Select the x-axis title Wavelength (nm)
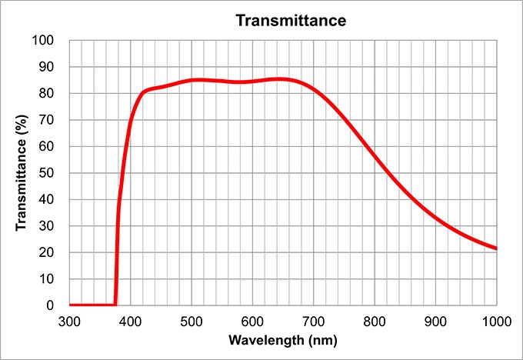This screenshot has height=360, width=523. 282,340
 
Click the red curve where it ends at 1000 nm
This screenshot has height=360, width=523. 496,248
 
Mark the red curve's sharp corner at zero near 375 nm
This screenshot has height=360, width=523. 115,305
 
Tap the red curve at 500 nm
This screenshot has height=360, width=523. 192,80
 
